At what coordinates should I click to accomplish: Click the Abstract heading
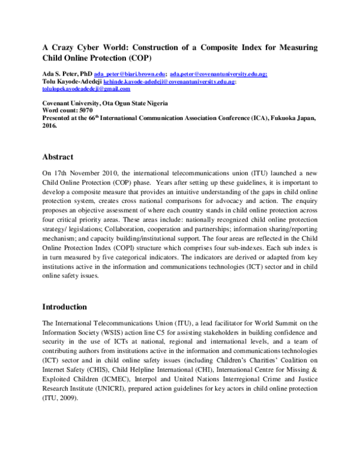coord(58,157)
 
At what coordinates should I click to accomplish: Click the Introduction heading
coord(64,307)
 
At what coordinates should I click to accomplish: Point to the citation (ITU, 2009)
coord(60,398)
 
